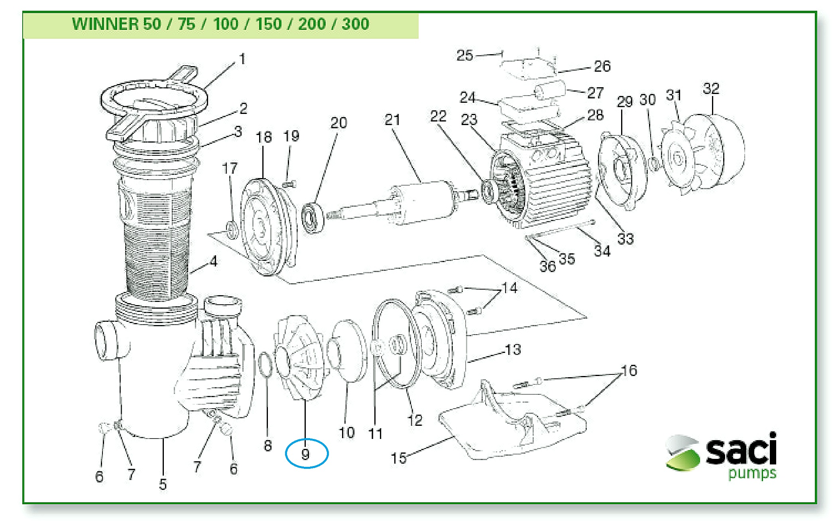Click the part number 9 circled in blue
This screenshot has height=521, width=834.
click(x=306, y=454)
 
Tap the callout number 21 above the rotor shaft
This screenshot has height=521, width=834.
click(x=392, y=119)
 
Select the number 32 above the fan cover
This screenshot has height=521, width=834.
click(x=711, y=88)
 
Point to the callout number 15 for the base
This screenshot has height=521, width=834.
click(x=398, y=458)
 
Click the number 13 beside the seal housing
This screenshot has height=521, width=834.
click(x=513, y=350)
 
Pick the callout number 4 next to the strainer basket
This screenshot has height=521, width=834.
click(x=214, y=261)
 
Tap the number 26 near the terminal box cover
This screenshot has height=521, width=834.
click(x=602, y=66)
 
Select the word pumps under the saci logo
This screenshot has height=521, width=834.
click(x=752, y=474)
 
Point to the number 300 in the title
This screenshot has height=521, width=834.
click(x=356, y=24)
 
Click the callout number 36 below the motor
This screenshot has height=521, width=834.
click(x=547, y=266)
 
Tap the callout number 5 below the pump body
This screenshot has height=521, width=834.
click(x=163, y=484)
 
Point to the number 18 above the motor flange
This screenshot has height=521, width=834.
click(x=264, y=137)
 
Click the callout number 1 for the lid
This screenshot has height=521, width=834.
click(x=242, y=59)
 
